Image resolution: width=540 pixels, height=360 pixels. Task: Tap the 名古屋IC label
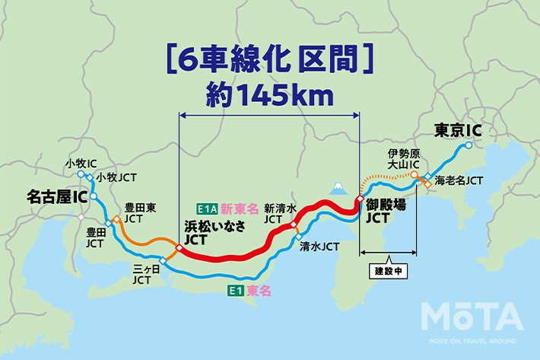(x=58, y=197)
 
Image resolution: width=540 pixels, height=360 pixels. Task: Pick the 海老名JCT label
(x=463, y=181)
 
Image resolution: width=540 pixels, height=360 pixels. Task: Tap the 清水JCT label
(x=319, y=246)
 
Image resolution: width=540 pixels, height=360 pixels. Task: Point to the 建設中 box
(x=387, y=270)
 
